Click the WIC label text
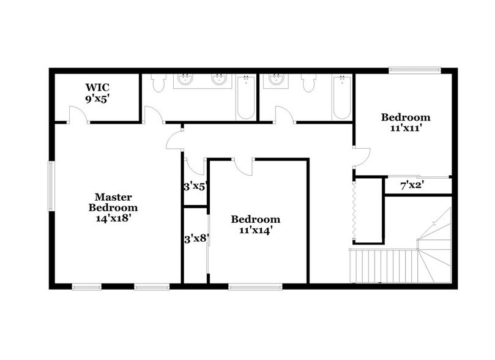click(97, 88)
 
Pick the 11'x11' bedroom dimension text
click(405, 129)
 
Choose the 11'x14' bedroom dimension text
click(255, 230)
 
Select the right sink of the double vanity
click(219, 80)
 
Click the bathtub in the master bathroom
click(246, 97)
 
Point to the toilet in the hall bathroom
click(309, 83)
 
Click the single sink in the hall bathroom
click(276, 80)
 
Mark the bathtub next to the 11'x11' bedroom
click(341, 97)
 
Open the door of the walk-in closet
click(77, 115)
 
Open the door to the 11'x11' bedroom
click(361, 157)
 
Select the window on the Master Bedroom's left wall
click(51, 186)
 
